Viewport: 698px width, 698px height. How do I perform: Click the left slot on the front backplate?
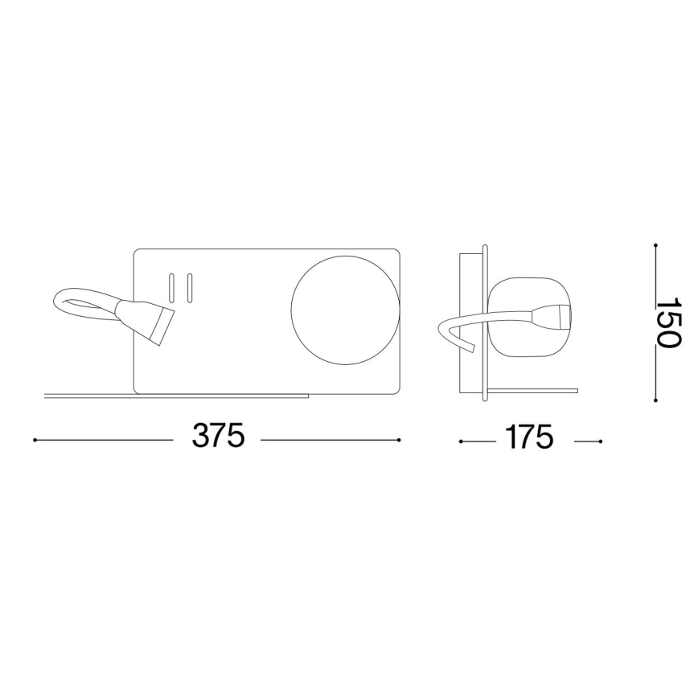tap(171, 288)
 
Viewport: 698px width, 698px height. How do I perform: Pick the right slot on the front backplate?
tap(189, 288)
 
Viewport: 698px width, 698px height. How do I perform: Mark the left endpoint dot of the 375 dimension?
tap(35, 440)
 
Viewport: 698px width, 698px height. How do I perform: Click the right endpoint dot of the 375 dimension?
tap(400, 440)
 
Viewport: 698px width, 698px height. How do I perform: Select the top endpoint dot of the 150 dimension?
tap(656, 245)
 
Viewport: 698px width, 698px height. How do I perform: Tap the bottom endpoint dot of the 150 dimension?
tap(656, 400)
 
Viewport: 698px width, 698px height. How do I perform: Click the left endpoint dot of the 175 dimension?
tap(460, 441)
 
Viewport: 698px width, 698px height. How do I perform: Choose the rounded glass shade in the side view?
tap(532, 317)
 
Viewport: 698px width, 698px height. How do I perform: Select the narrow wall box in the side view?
tap(467, 322)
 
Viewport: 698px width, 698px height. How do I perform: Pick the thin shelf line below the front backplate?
tap(177, 396)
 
